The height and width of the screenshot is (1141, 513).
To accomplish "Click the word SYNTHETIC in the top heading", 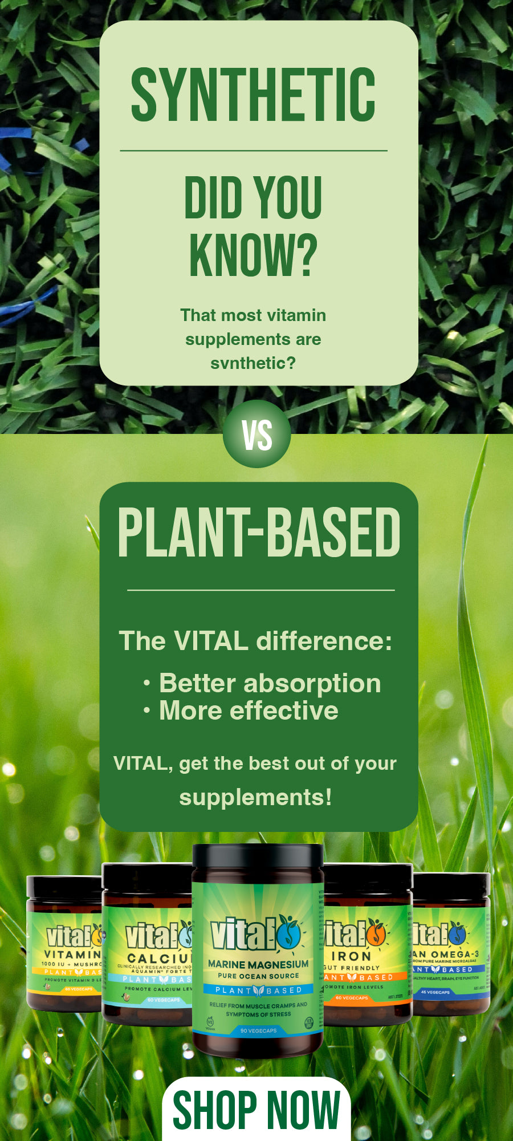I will click(253, 95).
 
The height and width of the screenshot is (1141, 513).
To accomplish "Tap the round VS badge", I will click(256, 434).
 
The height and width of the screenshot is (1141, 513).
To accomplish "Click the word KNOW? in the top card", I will click(253, 255).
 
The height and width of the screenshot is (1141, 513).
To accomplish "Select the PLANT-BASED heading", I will click(259, 533).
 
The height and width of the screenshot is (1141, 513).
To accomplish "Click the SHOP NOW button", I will click(256, 1110).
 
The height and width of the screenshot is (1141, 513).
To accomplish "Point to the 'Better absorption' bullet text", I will click(270, 683).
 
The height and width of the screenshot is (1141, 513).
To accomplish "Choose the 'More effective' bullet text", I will click(249, 710).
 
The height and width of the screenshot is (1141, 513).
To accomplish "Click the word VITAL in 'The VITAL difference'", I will click(211, 641).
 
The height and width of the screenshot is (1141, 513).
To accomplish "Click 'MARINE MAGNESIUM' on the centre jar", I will click(258, 964).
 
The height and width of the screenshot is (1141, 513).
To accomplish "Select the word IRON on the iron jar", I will click(351, 956).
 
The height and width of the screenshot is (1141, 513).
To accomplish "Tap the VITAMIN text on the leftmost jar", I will click(72, 954).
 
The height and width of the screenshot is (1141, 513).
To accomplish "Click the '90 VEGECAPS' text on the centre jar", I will click(258, 1030).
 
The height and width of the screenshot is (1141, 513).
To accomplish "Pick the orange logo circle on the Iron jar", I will click(375, 933).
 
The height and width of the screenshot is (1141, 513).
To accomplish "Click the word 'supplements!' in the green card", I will click(255, 797).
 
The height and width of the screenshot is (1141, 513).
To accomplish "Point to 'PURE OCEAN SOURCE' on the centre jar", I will click(258, 976).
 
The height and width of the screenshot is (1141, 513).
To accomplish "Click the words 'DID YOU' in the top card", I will click(253, 197).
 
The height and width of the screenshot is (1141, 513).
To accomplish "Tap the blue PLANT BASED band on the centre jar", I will click(258, 990).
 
